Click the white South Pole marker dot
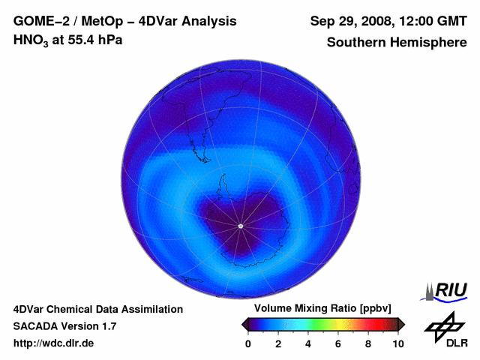pyautogui.click(x=240, y=226)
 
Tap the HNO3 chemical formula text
pyautogui.click(x=32, y=40)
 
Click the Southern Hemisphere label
pyautogui.click(x=396, y=42)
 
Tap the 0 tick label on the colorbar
pyautogui.click(x=248, y=343)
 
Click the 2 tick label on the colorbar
pyautogui.click(x=278, y=343)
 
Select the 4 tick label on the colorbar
pyautogui.click(x=308, y=343)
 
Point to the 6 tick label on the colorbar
pyautogui.click(x=338, y=343)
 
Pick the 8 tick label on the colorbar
pyautogui.click(x=368, y=343)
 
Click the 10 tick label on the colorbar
pyautogui.click(x=397, y=343)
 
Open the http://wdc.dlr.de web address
pyautogui.click(x=54, y=343)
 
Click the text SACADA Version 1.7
pyautogui.click(x=64, y=326)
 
